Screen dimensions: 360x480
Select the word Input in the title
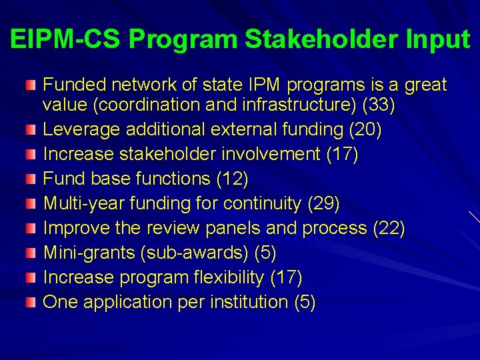[437, 39]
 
